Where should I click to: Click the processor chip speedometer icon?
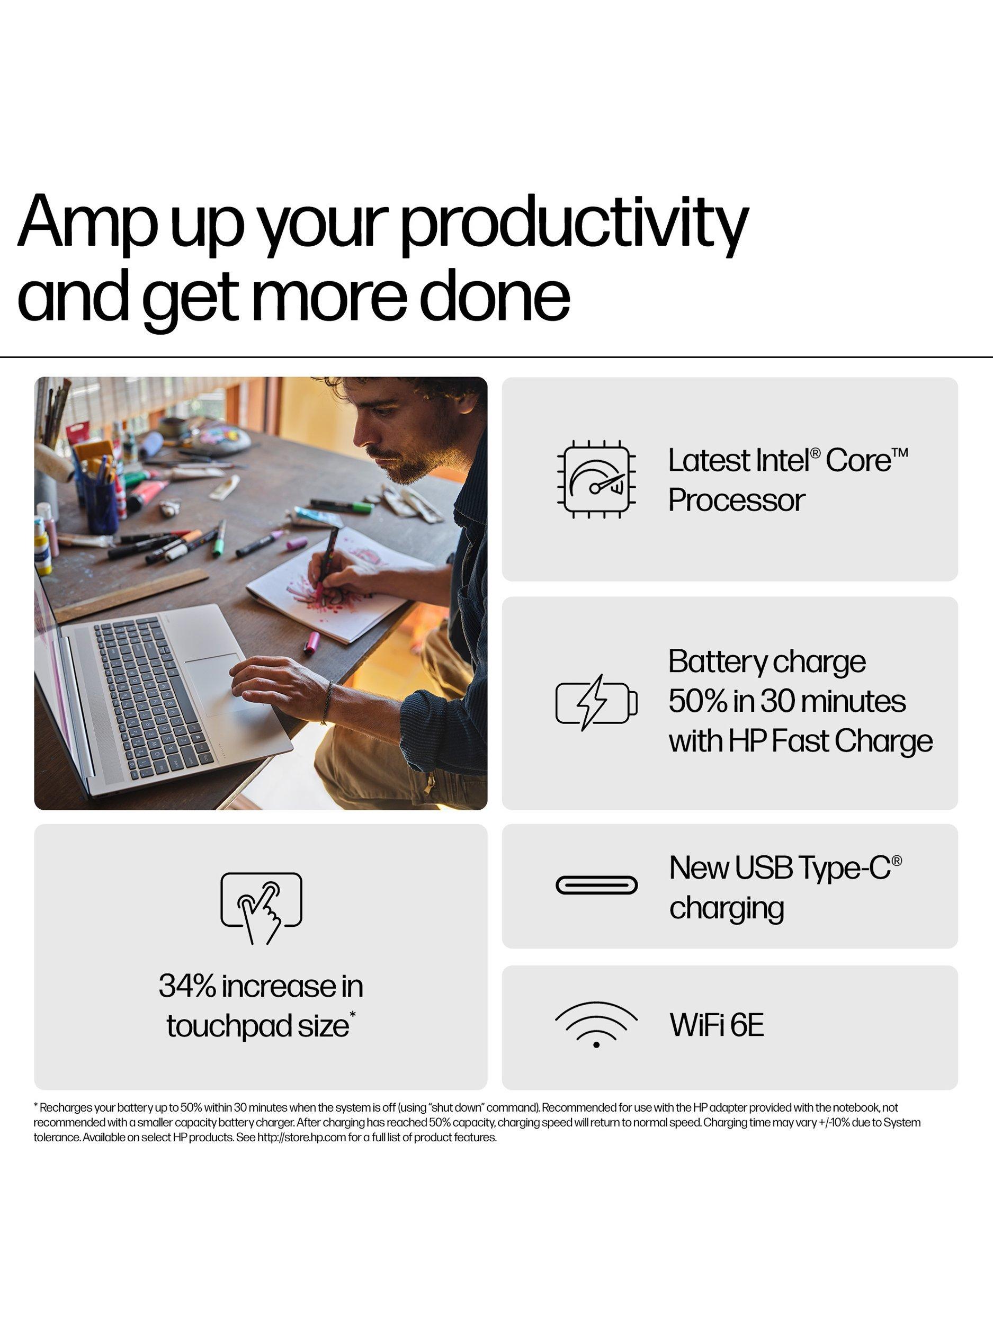pos(596,479)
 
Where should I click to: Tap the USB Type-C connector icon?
pos(596,884)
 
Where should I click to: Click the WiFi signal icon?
pos(596,1025)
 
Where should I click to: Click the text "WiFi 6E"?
pos(717,1025)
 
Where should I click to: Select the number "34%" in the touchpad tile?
pos(187,986)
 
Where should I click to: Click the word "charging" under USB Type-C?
pos(727,909)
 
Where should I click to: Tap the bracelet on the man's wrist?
pos(327,702)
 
